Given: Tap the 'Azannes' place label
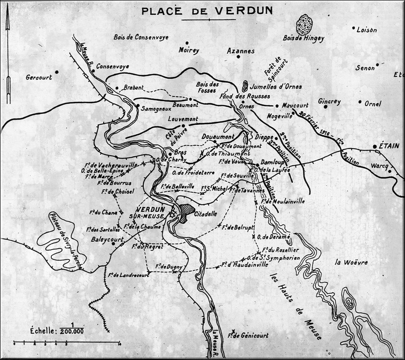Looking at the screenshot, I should [x=240, y=51].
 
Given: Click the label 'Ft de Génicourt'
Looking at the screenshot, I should [x=248, y=336].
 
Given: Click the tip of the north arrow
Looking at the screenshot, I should [x=8, y=18].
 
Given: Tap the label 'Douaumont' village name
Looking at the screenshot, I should [x=216, y=136].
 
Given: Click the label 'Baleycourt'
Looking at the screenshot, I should [x=107, y=240].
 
